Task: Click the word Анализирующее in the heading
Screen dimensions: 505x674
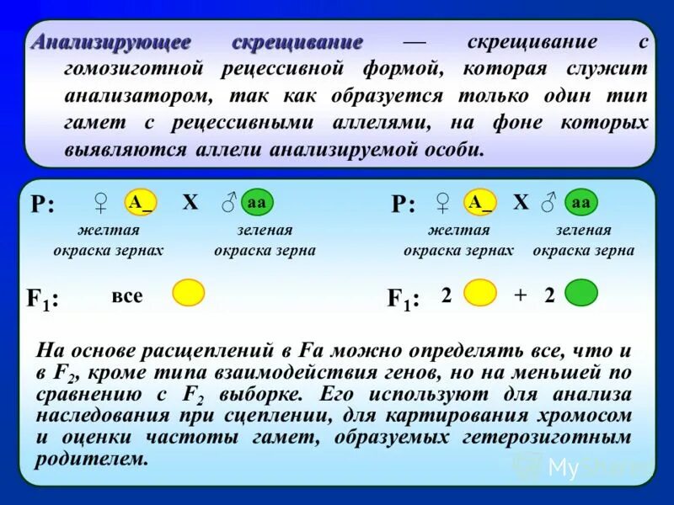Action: [111, 42]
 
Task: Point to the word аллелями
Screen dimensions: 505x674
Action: [380, 123]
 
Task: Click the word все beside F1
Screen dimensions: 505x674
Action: [126, 296]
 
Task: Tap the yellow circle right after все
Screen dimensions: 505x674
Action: [189, 293]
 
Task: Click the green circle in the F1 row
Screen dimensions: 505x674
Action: [580, 292]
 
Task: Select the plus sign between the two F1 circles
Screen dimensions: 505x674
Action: [520, 295]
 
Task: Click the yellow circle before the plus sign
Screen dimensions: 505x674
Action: [480, 292]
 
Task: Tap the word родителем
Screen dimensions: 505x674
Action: [92, 460]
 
